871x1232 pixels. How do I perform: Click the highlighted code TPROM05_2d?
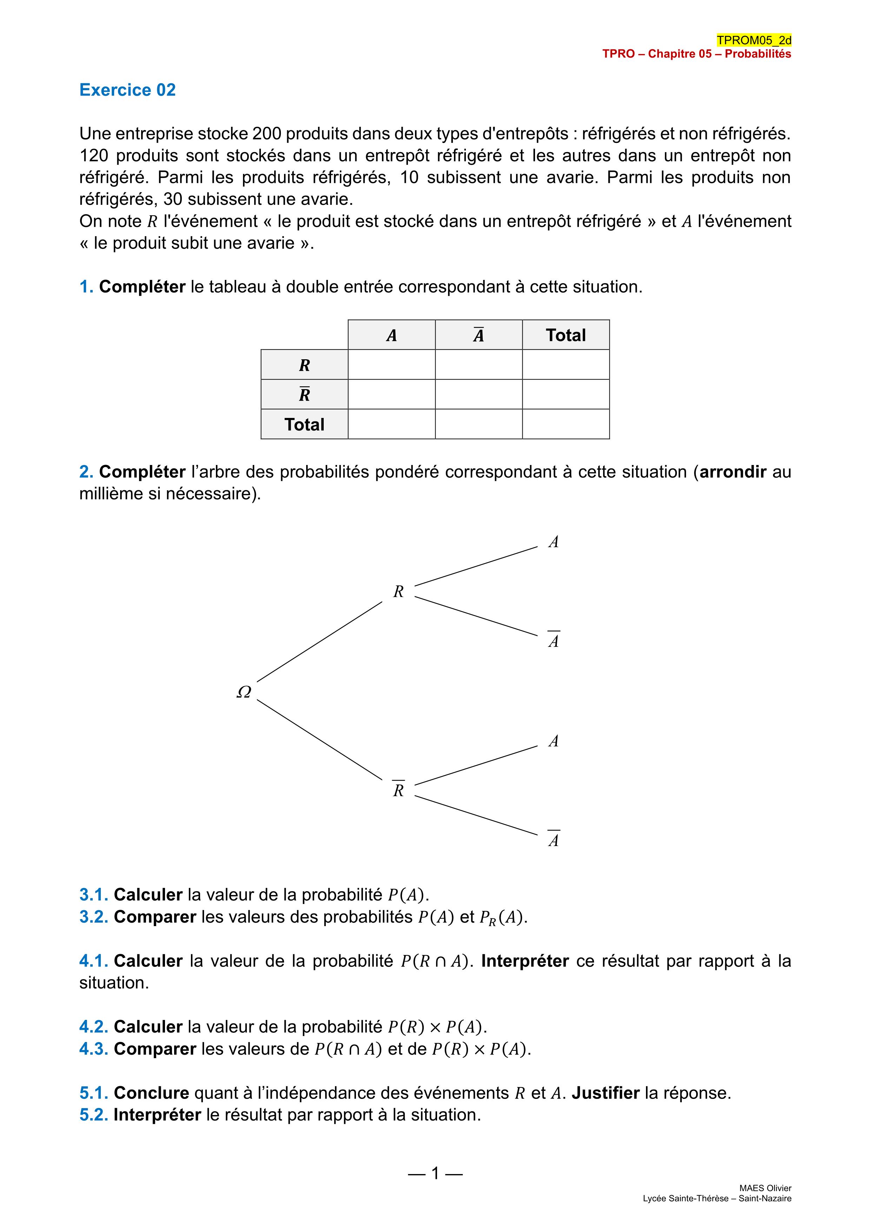[x=753, y=40]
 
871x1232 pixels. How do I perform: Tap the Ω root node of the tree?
[x=244, y=692]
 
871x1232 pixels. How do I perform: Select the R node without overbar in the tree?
[x=398, y=591]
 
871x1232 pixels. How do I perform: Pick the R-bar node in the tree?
[x=398, y=789]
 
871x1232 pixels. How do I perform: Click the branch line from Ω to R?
[x=320, y=642]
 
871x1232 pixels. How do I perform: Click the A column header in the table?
[x=391, y=335]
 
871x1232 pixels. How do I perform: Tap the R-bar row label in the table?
[x=304, y=394]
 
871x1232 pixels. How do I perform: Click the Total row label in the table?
[x=304, y=425]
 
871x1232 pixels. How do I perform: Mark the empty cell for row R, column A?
[x=391, y=365]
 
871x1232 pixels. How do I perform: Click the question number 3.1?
[x=94, y=894]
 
